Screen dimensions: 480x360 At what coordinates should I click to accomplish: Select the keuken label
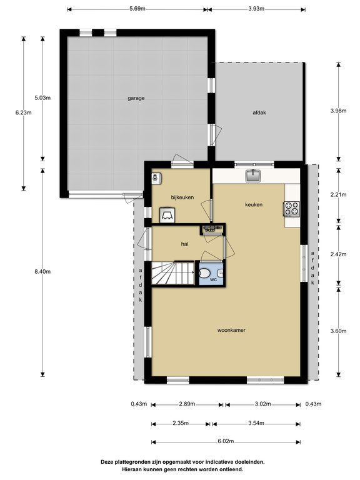click(253, 204)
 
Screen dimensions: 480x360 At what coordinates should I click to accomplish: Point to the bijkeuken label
click(182, 197)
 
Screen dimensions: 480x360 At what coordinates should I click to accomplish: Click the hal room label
click(184, 244)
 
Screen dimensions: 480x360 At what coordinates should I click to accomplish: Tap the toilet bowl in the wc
click(204, 273)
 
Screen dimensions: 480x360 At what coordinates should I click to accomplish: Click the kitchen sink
click(254, 176)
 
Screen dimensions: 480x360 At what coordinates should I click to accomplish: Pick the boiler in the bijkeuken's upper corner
click(156, 177)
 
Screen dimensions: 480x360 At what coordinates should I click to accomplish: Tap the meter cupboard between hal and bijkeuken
click(211, 230)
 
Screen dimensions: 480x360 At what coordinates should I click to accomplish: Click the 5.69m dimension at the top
click(137, 9)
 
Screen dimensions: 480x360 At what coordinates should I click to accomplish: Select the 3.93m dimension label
click(256, 9)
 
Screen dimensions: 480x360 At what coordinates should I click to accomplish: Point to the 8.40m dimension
click(43, 272)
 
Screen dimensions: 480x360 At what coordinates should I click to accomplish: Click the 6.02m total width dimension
click(226, 441)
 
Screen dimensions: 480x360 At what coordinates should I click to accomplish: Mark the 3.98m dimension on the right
click(337, 111)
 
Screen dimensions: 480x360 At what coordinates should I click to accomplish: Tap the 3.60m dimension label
click(337, 331)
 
